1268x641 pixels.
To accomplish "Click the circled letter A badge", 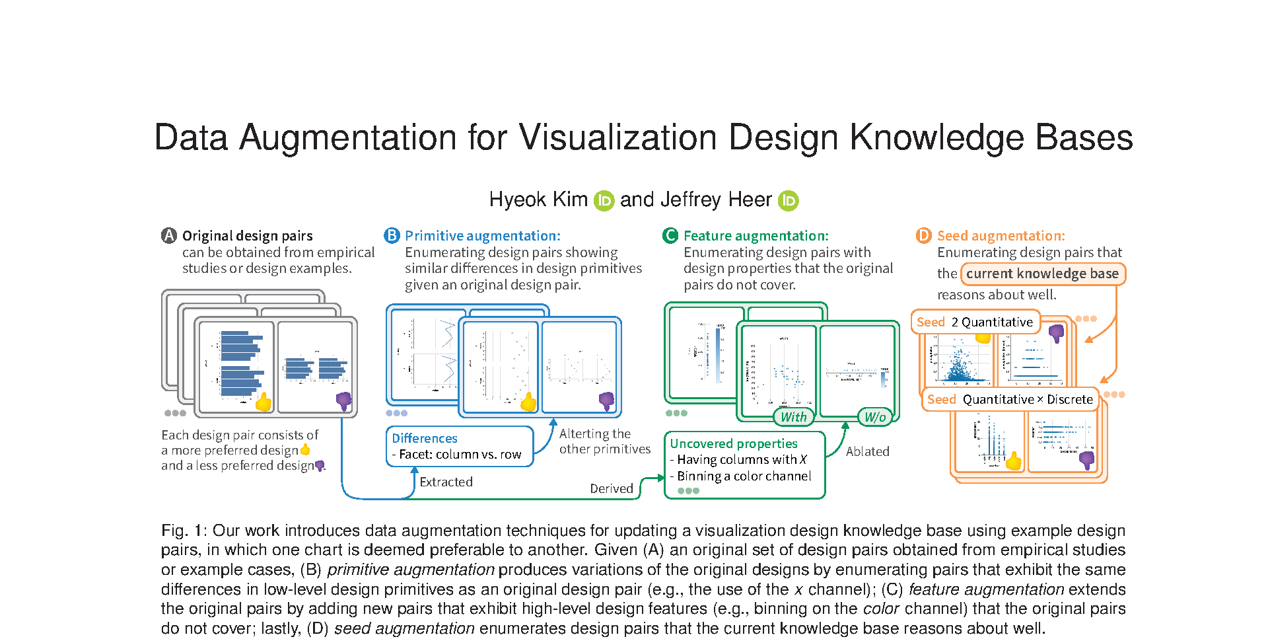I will tap(169, 235).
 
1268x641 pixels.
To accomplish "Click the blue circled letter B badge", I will tap(392, 235).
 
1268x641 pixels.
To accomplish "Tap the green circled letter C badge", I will tap(670, 235).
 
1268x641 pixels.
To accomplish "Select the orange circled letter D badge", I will tap(923, 235).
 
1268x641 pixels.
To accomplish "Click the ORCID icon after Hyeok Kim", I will tap(604, 200).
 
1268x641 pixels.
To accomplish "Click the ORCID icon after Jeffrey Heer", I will tap(789, 200).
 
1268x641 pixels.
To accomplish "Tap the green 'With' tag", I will tap(793, 417).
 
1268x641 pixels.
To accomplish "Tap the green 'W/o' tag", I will tap(875, 417).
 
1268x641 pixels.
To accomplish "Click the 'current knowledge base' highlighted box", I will tap(1042, 274).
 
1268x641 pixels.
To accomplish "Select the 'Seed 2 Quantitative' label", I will tap(975, 322).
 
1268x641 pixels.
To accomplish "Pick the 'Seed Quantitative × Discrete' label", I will tap(1010, 399).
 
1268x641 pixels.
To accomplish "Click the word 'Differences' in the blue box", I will tap(425, 438).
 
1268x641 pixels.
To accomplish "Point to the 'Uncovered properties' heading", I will tap(734, 443).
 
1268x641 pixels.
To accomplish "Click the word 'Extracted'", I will tap(446, 482).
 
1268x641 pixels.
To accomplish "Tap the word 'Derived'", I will tap(612, 488).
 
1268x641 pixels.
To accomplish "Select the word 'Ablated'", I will tap(867, 451).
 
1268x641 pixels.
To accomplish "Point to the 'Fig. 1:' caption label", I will tap(184, 531).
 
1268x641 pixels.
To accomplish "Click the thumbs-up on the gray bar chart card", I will tap(264, 402).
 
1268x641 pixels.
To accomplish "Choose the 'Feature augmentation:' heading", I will tap(756, 235).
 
